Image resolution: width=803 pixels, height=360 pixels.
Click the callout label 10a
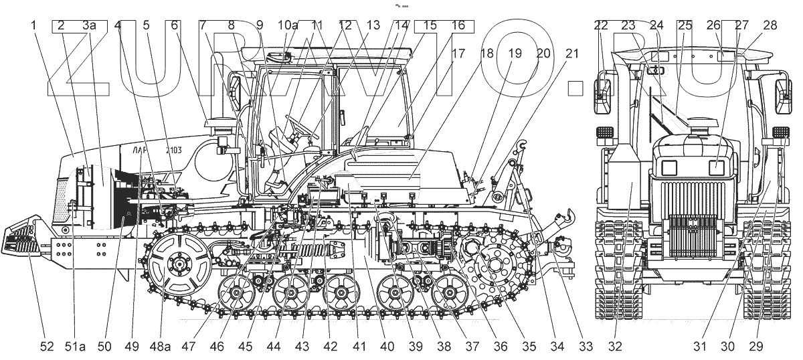(288, 25)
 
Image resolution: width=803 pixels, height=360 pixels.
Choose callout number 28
(770, 25)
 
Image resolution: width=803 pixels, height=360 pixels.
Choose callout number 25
(685, 25)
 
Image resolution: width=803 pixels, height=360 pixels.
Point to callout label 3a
(89, 25)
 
